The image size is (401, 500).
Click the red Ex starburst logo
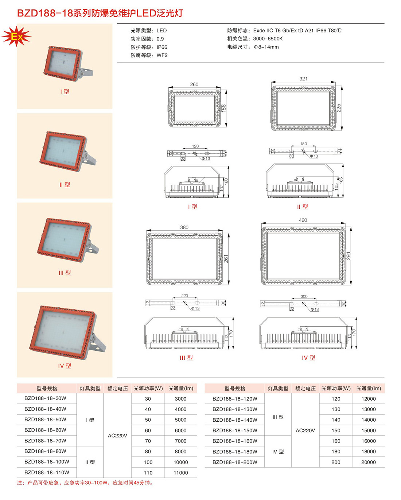coord(16,36)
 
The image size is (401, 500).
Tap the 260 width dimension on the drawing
coord(194,84)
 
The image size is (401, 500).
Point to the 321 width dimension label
coord(303,79)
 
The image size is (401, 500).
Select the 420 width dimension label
coord(303,220)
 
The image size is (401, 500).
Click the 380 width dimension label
coord(184,227)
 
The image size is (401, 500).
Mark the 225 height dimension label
coord(339,108)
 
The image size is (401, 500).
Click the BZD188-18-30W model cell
coord(45,398)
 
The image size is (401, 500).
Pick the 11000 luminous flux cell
coord(181,473)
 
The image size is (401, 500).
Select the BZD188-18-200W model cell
coord(235,462)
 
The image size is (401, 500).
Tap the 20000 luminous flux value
coord(369,462)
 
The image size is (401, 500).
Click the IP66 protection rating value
coord(162,47)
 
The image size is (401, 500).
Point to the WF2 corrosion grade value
coord(162,55)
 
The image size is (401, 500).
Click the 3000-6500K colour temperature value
coord(268,39)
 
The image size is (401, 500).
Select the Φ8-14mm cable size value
coord(266,47)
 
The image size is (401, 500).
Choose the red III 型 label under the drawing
coord(186,358)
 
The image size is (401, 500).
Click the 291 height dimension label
coord(348,256)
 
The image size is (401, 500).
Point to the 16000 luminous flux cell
coord(369,441)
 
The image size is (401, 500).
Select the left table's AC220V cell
coord(117,436)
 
